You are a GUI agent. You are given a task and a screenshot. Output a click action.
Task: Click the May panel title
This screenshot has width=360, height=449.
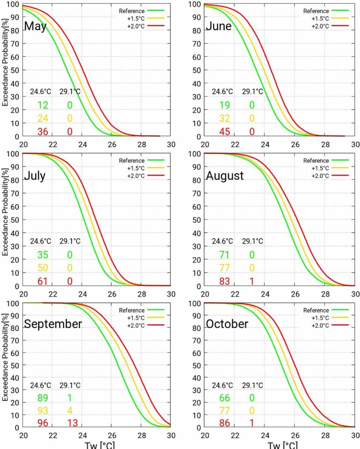(x=35, y=26)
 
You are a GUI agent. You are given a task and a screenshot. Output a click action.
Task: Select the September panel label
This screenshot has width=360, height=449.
(x=53, y=324)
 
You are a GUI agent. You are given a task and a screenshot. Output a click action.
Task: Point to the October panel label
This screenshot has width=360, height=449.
(x=227, y=324)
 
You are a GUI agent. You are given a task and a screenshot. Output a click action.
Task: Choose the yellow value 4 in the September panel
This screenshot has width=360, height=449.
(x=69, y=411)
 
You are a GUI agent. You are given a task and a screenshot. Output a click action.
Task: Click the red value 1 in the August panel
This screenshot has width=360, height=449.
(x=252, y=281)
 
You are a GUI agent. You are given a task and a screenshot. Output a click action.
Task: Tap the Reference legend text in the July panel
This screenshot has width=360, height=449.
(x=132, y=161)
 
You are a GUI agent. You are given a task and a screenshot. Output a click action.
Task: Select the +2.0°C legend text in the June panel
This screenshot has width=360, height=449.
(x=321, y=26)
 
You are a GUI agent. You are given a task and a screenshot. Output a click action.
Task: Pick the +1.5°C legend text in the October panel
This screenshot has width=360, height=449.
(x=321, y=318)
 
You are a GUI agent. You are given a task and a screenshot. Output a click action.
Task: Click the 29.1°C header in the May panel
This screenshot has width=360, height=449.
(x=70, y=92)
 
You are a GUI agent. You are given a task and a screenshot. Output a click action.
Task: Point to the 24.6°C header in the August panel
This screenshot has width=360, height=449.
(x=223, y=241)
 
